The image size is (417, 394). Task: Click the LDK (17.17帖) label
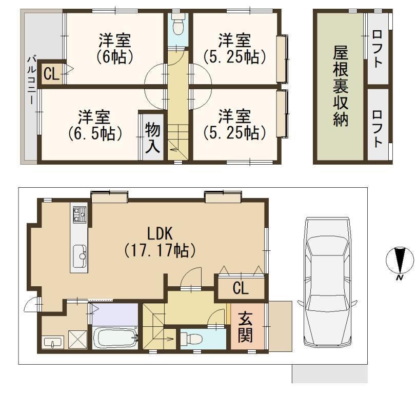click(160, 242)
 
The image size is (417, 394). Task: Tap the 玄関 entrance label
click(245, 327)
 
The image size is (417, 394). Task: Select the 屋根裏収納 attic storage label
click(341, 86)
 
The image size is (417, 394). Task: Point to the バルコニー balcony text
click(32, 80)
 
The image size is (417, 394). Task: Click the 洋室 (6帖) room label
click(115, 49)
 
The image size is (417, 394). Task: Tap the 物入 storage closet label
click(153, 137)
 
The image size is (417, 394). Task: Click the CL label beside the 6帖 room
click(51, 74)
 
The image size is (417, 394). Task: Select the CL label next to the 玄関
click(241, 288)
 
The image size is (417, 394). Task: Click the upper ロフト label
click(378, 49)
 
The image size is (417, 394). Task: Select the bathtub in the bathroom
click(115, 338)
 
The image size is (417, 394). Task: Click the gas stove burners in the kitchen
click(80, 213)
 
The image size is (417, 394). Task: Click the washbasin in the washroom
click(53, 342)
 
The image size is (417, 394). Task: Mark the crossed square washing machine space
click(78, 339)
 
